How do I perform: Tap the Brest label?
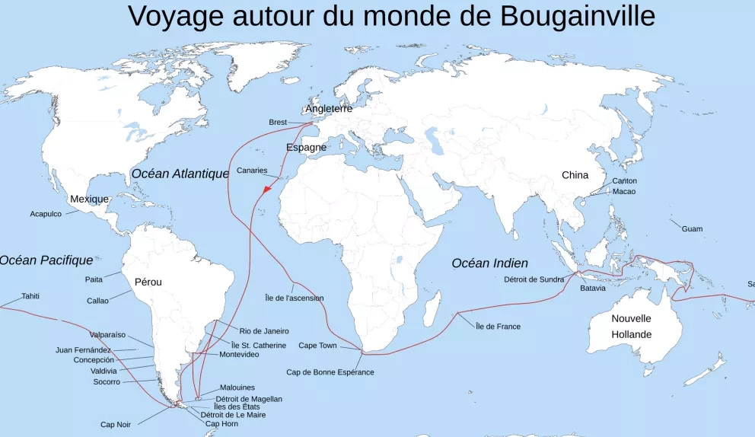(278, 123)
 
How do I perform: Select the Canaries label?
(252, 171)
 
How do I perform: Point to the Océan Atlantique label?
(180, 174)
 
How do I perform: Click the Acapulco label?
(46, 214)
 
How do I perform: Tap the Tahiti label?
(30, 296)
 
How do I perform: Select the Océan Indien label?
(489, 263)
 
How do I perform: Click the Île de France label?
(498, 327)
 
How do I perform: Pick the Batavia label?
(593, 289)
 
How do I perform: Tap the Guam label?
(692, 229)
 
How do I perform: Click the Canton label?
(624, 181)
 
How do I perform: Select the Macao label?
(623, 192)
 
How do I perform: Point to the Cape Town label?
(317, 346)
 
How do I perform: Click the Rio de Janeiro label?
(264, 331)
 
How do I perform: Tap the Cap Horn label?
(221, 424)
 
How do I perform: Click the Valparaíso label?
(107, 335)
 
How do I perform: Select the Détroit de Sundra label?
(534, 279)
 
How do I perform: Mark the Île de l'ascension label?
(294, 298)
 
